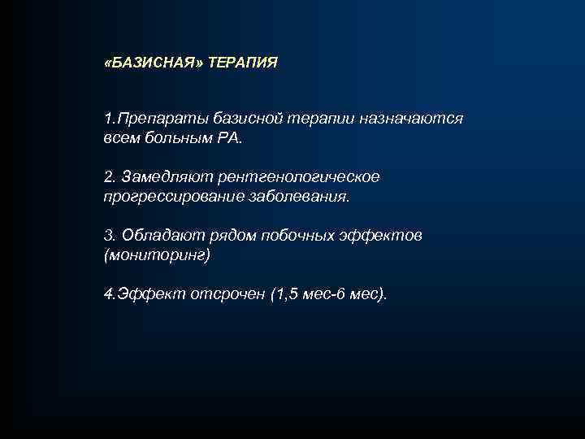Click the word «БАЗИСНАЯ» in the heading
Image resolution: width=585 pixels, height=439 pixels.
tap(154, 63)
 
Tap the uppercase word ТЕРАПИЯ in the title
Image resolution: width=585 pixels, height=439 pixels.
tap(242, 63)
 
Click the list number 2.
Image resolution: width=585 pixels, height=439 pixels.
tap(110, 177)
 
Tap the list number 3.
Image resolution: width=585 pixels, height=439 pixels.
tap(110, 236)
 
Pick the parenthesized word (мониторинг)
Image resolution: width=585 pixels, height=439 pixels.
tap(157, 255)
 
